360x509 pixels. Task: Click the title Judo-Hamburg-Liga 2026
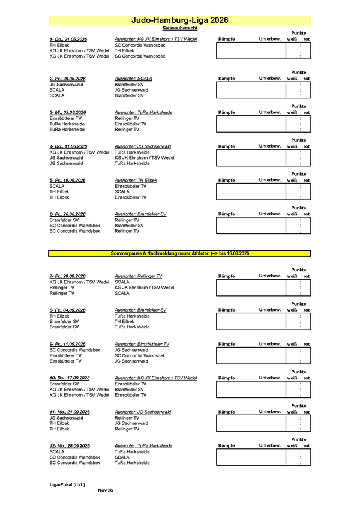pyautogui.click(x=179, y=20)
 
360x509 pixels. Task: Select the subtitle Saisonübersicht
pyautogui.click(x=179, y=28)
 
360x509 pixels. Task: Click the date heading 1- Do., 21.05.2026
pyautogui.click(x=68, y=39)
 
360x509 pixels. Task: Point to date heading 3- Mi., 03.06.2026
pyautogui.click(x=68, y=112)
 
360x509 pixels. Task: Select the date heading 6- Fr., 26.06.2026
pyautogui.click(x=68, y=214)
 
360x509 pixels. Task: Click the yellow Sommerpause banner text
pyautogui.click(x=180, y=254)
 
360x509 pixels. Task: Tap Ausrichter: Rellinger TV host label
pyautogui.click(x=139, y=276)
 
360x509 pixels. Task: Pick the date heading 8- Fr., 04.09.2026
pyautogui.click(x=68, y=310)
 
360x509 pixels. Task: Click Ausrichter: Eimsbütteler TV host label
pyautogui.click(x=142, y=344)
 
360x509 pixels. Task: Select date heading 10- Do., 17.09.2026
pyautogui.click(x=70, y=378)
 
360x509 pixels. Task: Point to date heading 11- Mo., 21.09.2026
pyautogui.click(x=70, y=412)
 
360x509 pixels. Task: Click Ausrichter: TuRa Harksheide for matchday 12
pyautogui.click(x=143, y=446)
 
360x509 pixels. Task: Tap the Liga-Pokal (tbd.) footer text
pyautogui.click(x=67, y=484)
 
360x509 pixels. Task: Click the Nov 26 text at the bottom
pyautogui.click(x=105, y=490)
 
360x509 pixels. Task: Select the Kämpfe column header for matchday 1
pyautogui.click(x=227, y=39)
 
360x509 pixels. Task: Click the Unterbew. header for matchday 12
pyautogui.click(x=270, y=445)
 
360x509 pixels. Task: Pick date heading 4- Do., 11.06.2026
pyautogui.click(x=68, y=146)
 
